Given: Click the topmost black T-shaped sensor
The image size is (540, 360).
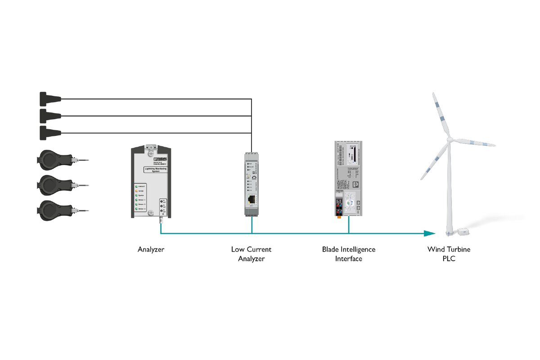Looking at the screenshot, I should (x=49, y=99).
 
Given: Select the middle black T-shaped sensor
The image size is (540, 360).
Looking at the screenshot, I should (x=49, y=116).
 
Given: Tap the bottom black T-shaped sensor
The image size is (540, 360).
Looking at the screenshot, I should (x=49, y=133).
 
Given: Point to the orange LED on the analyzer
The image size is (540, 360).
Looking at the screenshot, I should (x=135, y=190).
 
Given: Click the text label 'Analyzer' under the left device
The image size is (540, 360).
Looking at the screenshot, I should (x=151, y=249).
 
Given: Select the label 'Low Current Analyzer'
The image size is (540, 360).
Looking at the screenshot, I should (x=252, y=254).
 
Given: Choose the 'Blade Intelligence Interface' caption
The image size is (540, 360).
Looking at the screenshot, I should (x=348, y=254).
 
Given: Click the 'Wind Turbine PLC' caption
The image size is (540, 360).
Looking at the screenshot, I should (x=449, y=254).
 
